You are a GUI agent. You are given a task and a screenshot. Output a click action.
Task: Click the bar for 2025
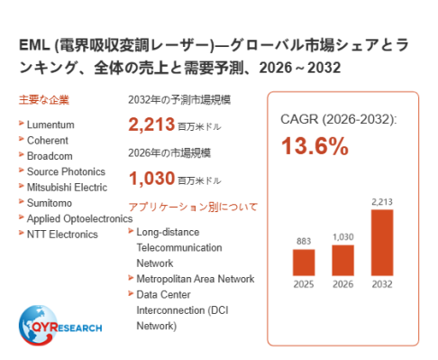[x=304, y=263]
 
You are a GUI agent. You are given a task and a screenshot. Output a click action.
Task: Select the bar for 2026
[x=342, y=260]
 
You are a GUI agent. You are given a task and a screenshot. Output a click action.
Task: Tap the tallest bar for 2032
[x=382, y=243]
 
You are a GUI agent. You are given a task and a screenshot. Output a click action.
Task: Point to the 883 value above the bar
[x=304, y=241]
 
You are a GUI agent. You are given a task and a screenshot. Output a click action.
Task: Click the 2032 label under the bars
[x=382, y=284]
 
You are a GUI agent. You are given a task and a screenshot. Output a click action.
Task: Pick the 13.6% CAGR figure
[x=315, y=146]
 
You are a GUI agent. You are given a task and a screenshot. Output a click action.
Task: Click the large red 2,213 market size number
[x=151, y=125]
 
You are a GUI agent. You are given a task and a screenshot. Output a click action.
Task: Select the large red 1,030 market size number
[x=151, y=178]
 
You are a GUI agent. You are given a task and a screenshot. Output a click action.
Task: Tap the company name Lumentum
[x=50, y=125]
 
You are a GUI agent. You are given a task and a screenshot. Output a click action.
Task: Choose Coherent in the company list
[x=48, y=140]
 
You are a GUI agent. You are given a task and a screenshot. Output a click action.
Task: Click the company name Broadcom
[x=50, y=156]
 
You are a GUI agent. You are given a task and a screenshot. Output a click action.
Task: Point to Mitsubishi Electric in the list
[x=67, y=187]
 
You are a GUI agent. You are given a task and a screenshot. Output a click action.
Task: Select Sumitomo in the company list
[x=50, y=203]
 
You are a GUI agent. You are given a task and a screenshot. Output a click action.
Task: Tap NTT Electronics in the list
[x=62, y=234]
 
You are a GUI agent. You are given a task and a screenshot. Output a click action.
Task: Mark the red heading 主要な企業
[x=44, y=100]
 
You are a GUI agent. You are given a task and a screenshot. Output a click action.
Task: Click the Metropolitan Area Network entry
[x=196, y=279]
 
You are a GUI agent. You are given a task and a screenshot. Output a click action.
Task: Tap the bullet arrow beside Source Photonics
[x=21, y=171]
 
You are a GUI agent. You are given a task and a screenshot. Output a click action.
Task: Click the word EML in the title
[x=34, y=45]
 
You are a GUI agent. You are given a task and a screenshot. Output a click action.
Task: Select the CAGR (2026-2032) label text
[x=339, y=119]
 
